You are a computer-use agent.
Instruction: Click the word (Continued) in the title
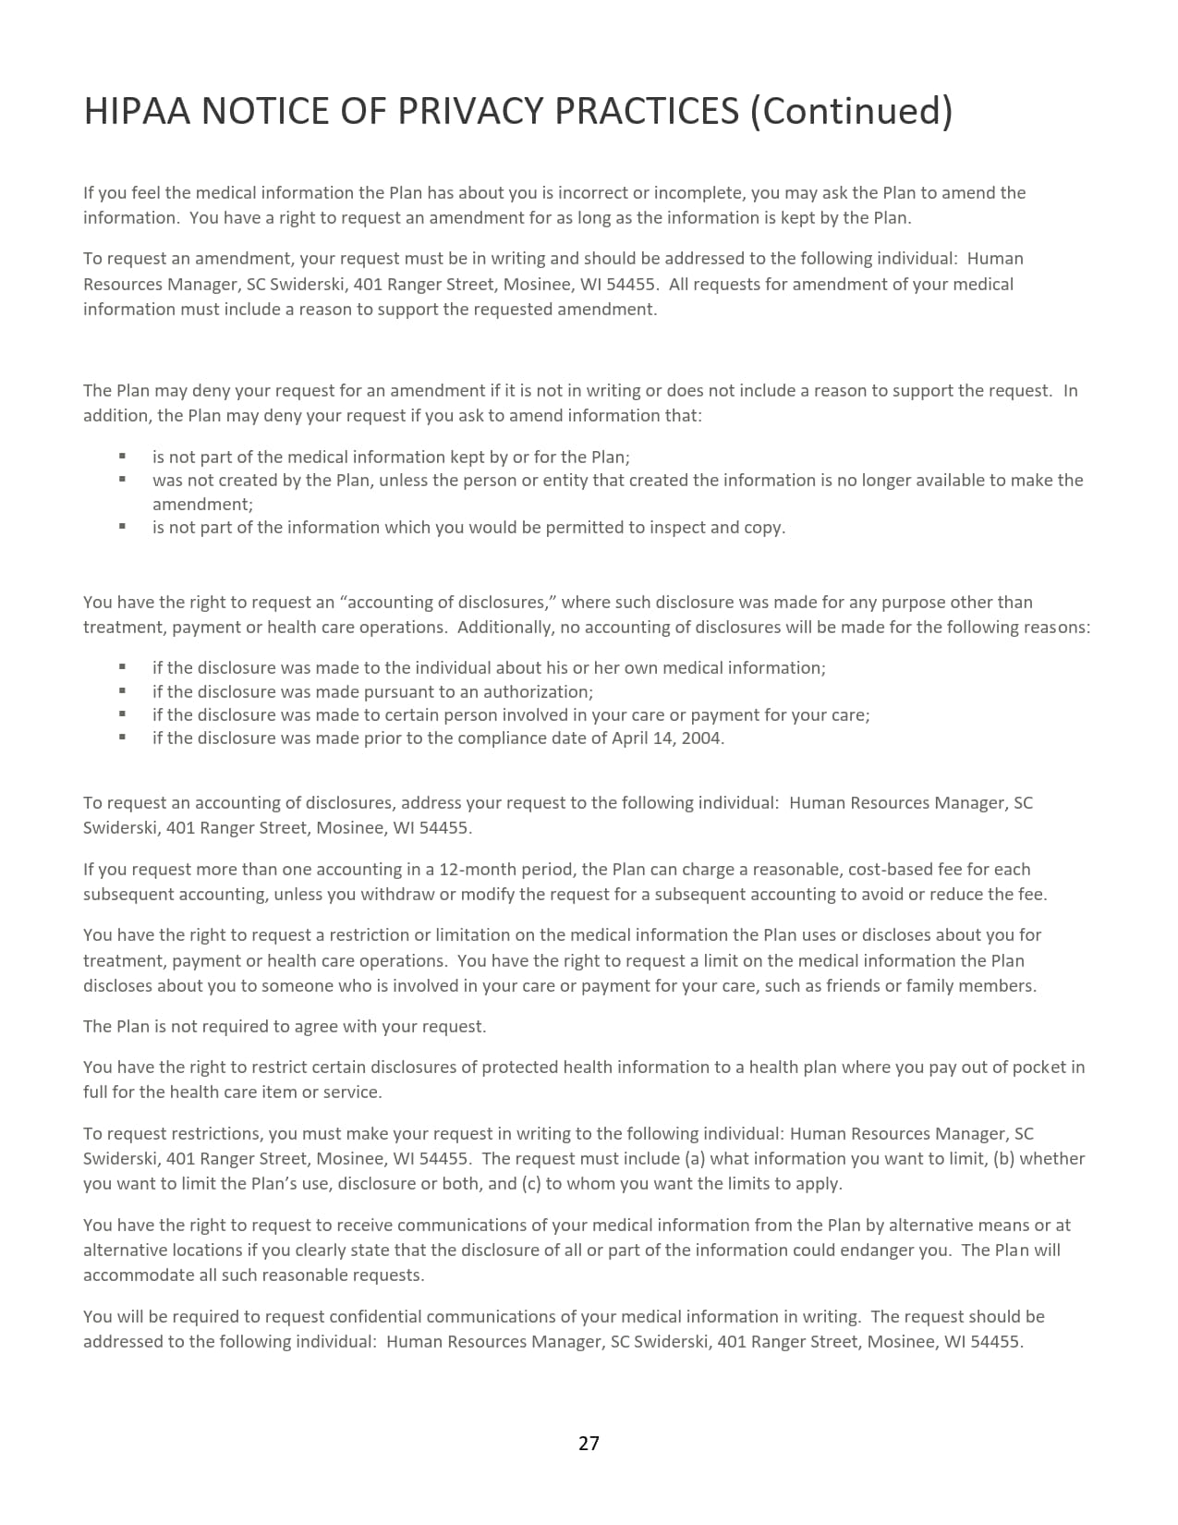tap(850, 111)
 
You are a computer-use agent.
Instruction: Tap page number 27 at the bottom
tap(589, 1443)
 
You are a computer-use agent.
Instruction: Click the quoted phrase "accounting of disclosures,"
tap(448, 602)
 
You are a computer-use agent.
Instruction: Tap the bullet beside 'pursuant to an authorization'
tap(122, 690)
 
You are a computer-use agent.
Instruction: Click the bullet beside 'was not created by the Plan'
tap(122, 480)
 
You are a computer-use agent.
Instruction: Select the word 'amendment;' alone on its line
tap(202, 504)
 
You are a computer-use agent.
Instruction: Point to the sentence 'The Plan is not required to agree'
tap(284, 1026)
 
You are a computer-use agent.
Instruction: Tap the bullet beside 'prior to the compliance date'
tap(122, 738)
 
